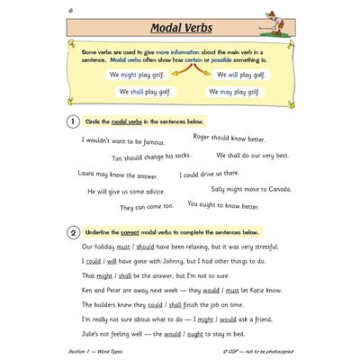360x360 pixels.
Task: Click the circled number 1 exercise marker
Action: (x=71, y=121)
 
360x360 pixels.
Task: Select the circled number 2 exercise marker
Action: (x=71, y=231)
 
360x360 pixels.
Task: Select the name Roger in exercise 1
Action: (x=204, y=137)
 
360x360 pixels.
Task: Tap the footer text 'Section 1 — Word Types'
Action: (x=98, y=351)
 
